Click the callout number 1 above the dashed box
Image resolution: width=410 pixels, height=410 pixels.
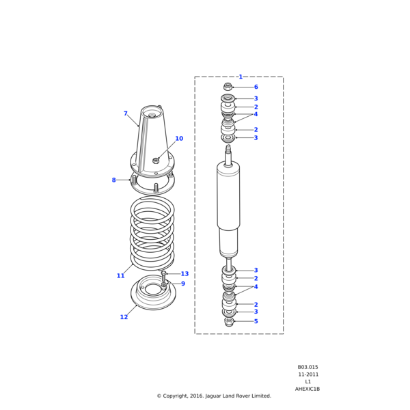[240, 77]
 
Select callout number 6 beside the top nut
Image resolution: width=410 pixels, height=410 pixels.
[256, 87]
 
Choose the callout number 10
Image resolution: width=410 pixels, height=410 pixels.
[179, 139]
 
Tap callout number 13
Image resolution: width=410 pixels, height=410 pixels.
[184, 274]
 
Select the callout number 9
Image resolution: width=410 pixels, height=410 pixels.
[182, 284]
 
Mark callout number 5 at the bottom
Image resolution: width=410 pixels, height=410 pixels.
[256, 321]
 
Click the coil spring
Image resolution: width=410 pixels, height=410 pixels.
[152, 232]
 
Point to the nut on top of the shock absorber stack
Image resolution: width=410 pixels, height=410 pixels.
[228, 87]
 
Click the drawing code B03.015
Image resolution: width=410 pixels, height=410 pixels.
[307, 367]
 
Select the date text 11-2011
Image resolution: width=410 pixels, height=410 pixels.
[307, 374]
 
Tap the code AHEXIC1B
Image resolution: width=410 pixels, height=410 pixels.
[307, 389]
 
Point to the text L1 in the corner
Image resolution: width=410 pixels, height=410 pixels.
[307, 382]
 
